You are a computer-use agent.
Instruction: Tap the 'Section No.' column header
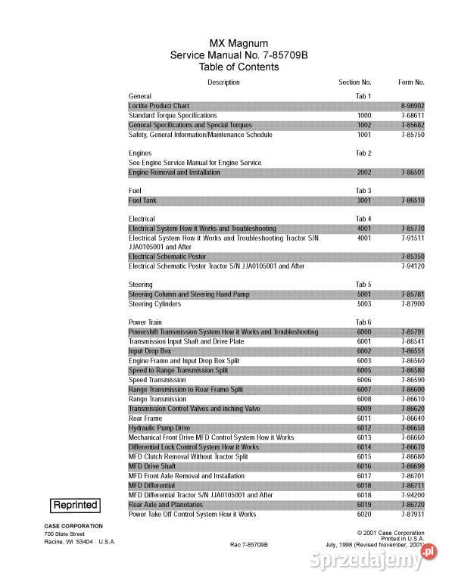coord(354,82)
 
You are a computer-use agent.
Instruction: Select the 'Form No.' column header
coord(411,82)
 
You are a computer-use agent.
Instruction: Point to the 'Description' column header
coord(223,82)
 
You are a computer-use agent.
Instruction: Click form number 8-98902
coord(412,106)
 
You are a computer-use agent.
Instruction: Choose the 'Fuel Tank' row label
coord(142,201)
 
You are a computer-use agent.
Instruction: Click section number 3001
coord(364,201)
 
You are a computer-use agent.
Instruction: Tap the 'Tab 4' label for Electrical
coord(363,219)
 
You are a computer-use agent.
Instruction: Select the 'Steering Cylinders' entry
coord(155,303)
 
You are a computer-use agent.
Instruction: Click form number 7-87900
coord(412,303)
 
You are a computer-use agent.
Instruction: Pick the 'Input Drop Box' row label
coord(150,351)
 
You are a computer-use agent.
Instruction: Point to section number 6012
coord(364,428)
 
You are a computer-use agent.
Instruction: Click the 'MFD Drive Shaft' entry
coord(152,466)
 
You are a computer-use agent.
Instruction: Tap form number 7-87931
coord(412,514)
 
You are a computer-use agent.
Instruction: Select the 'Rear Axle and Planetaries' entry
coord(167,504)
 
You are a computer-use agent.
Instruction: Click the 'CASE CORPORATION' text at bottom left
coord(73,525)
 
